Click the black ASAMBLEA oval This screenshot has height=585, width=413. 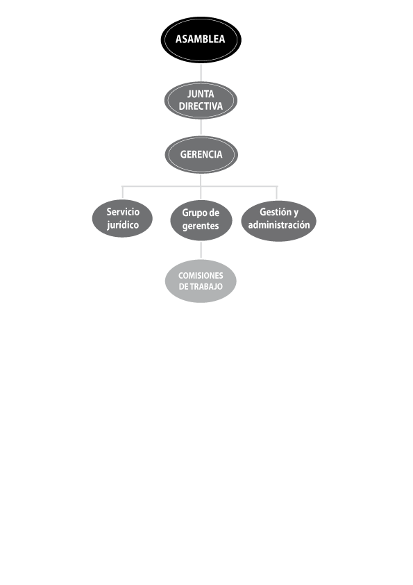(x=201, y=40)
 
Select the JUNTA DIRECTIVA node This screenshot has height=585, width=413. (x=201, y=100)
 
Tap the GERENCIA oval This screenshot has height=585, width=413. (x=201, y=154)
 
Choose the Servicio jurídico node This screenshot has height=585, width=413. (x=122, y=219)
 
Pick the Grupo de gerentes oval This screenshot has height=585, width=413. (x=201, y=220)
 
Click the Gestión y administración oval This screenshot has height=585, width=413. (x=279, y=221)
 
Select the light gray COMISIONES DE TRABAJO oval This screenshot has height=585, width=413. (x=201, y=281)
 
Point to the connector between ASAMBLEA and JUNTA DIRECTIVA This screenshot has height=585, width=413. (x=201, y=72)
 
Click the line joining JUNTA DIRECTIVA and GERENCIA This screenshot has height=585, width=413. (x=201, y=128)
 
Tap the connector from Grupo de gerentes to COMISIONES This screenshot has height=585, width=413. (x=201, y=250)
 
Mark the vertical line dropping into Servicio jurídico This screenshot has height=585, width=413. (x=123, y=193)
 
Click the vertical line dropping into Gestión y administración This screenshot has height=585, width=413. (x=276, y=193)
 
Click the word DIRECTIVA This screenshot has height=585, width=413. (x=201, y=106)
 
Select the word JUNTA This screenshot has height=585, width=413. (x=201, y=94)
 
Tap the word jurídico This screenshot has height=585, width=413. (x=123, y=225)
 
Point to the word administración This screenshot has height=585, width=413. (x=279, y=225)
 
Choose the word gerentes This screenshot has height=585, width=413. (x=201, y=226)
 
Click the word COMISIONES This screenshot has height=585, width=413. (x=201, y=276)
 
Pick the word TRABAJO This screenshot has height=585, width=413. (x=206, y=286)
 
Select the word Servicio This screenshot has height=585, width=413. (x=123, y=212)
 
